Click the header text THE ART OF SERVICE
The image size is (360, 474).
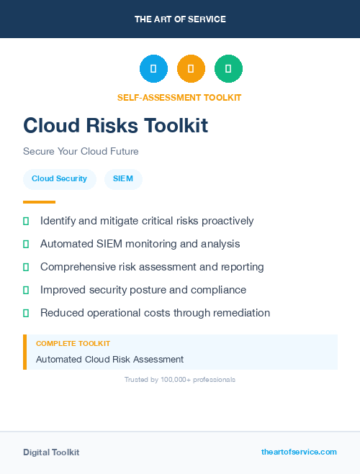point(180,19)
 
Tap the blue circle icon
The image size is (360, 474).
point(153,69)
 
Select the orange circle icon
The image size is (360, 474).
point(191,69)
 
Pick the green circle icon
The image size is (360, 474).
point(228,69)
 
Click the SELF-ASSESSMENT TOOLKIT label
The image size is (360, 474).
point(179,97)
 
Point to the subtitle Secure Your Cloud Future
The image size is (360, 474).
point(81,152)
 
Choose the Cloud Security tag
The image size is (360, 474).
point(59,178)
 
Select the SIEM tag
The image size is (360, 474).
point(123,178)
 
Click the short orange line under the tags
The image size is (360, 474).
point(39,202)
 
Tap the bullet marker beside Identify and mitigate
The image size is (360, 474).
point(26,221)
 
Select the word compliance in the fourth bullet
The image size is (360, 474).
point(217,290)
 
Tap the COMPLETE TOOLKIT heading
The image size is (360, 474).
point(73,344)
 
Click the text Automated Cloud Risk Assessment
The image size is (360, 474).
point(109,359)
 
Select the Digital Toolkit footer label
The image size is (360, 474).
point(51,452)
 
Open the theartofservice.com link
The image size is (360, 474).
point(299,452)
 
